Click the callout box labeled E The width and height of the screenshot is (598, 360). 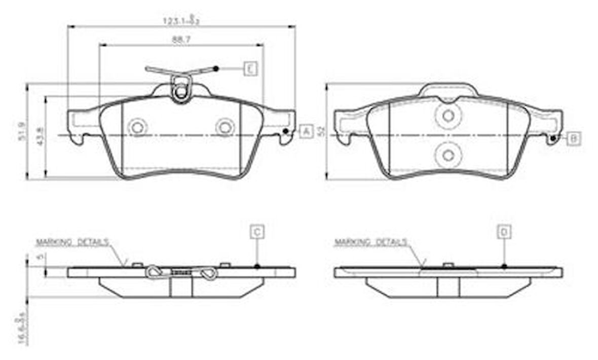[x=250, y=68]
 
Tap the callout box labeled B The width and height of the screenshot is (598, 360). [x=574, y=138]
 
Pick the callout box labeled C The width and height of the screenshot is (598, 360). [x=257, y=232]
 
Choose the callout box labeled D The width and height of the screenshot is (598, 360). [x=504, y=232]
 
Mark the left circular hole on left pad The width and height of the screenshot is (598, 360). [x=137, y=127]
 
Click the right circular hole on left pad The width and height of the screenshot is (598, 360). [x=225, y=127]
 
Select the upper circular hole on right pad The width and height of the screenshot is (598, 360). [x=448, y=116]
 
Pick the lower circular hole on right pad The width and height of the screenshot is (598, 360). [x=448, y=155]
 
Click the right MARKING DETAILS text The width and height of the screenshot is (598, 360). [x=370, y=242]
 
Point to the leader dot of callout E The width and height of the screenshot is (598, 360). [x=216, y=68]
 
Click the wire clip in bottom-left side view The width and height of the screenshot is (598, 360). [x=181, y=273]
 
